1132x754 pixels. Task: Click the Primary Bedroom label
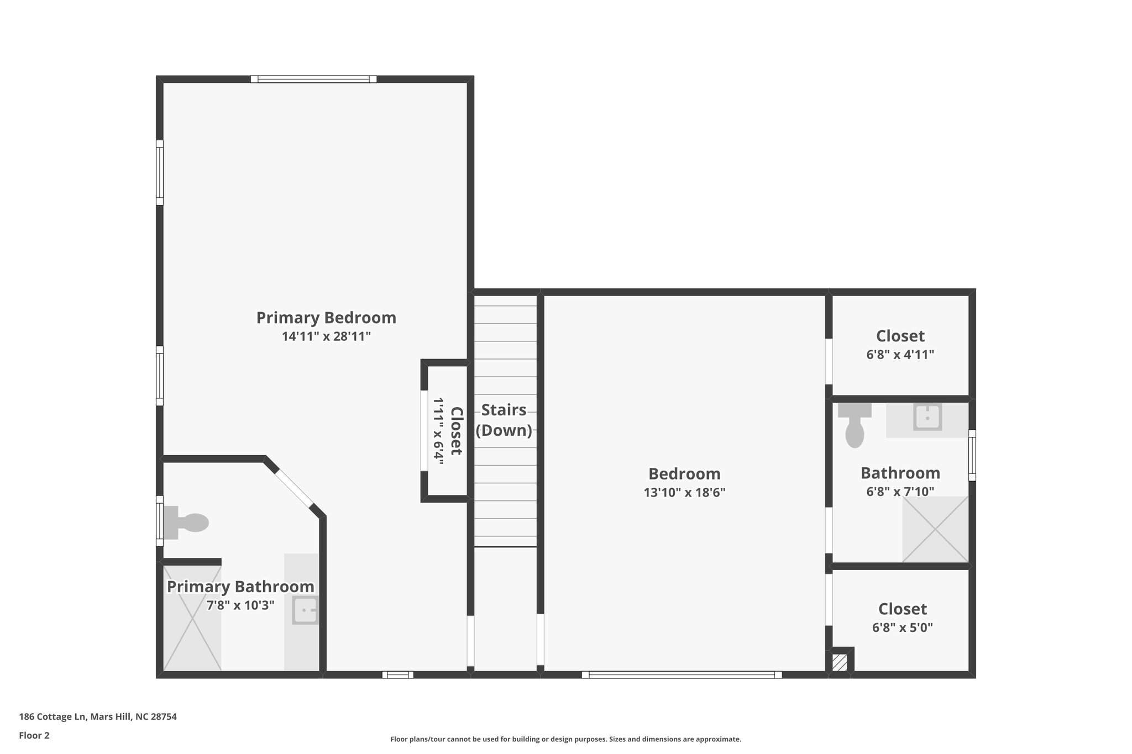pyautogui.click(x=326, y=318)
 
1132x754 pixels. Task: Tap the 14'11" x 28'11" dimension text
pyautogui.click(x=326, y=336)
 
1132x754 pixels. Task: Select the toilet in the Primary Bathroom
pyautogui.click(x=186, y=522)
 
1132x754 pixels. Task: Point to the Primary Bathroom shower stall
pyautogui.click(x=192, y=618)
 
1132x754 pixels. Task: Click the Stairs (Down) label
pyautogui.click(x=504, y=420)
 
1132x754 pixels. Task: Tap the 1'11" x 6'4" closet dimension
pyautogui.click(x=438, y=431)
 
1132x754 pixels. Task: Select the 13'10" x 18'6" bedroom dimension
pyautogui.click(x=684, y=492)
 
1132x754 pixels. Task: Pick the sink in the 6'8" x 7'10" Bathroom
pyautogui.click(x=927, y=417)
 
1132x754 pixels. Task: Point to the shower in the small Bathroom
pyautogui.click(x=935, y=529)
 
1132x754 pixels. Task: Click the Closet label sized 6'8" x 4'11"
pyautogui.click(x=900, y=336)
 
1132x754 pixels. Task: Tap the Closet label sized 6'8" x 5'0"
pyautogui.click(x=902, y=609)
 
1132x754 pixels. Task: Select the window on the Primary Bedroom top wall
pyautogui.click(x=313, y=79)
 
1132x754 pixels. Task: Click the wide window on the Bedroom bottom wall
pyautogui.click(x=682, y=674)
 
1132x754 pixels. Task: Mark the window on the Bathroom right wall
pyautogui.click(x=972, y=455)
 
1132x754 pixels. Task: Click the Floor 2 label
pyautogui.click(x=34, y=735)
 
